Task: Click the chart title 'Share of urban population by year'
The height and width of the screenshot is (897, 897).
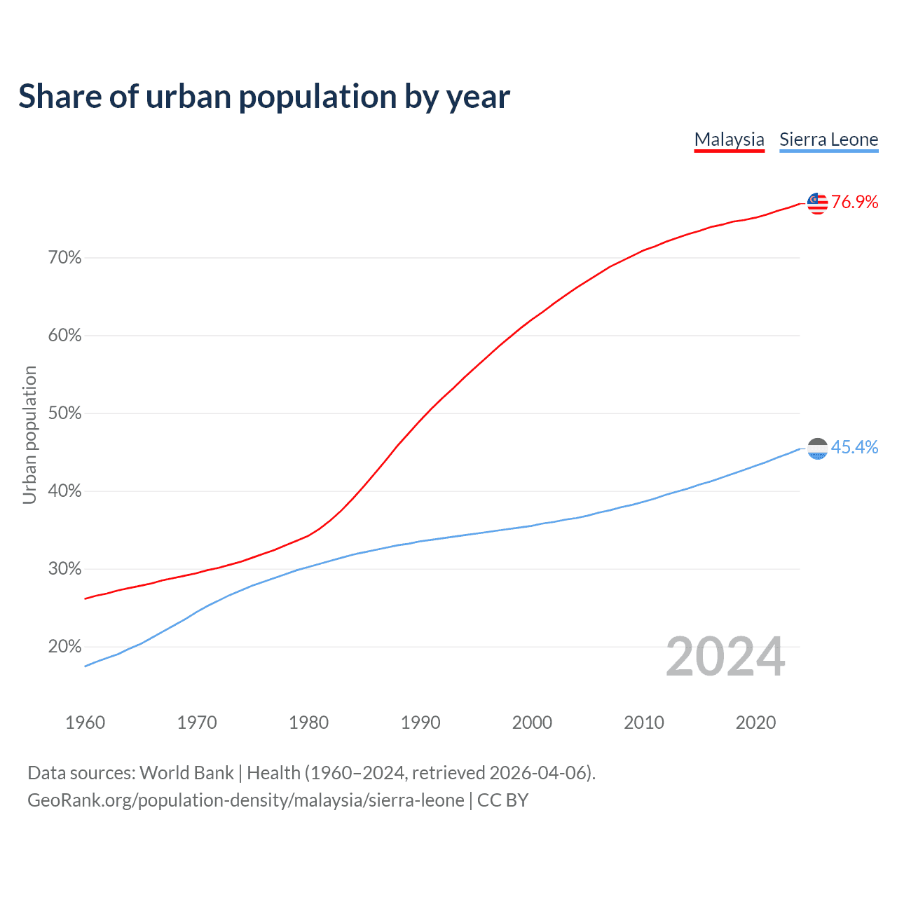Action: click(x=264, y=97)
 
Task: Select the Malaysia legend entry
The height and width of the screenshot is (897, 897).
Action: click(x=729, y=139)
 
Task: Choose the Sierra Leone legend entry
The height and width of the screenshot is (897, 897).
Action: click(x=828, y=139)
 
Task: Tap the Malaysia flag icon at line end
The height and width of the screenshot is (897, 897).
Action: click(x=817, y=203)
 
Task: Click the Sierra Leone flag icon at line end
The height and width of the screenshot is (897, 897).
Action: click(x=817, y=448)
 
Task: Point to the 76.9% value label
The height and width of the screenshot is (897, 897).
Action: click(x=854, y=203)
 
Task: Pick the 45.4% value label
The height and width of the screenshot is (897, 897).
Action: click(x=854, y=448)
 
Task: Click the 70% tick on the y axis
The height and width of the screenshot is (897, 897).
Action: click(x=65, y=258)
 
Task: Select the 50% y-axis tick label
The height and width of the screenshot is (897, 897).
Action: click(x=65, y=413)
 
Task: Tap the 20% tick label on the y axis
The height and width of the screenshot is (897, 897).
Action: click(x=65, y=647)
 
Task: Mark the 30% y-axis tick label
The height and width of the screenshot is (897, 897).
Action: click(x=65, y=569)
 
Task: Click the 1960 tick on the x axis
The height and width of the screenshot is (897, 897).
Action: click(x=85, y=723)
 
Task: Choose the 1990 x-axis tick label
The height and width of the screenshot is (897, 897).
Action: click(x=420, y=723)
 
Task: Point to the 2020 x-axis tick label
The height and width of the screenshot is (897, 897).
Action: click(x=755, y=723)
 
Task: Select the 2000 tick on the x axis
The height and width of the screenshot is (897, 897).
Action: click(x=532, y=723)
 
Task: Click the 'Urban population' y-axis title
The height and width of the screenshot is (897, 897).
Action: click(x=29, y=434)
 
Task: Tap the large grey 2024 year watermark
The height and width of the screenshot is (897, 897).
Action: click(x=725, y=657)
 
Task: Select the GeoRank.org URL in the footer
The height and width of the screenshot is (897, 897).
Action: click(x=246, y=800)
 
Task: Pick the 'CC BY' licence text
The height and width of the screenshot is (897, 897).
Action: click(x=502, y=800)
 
